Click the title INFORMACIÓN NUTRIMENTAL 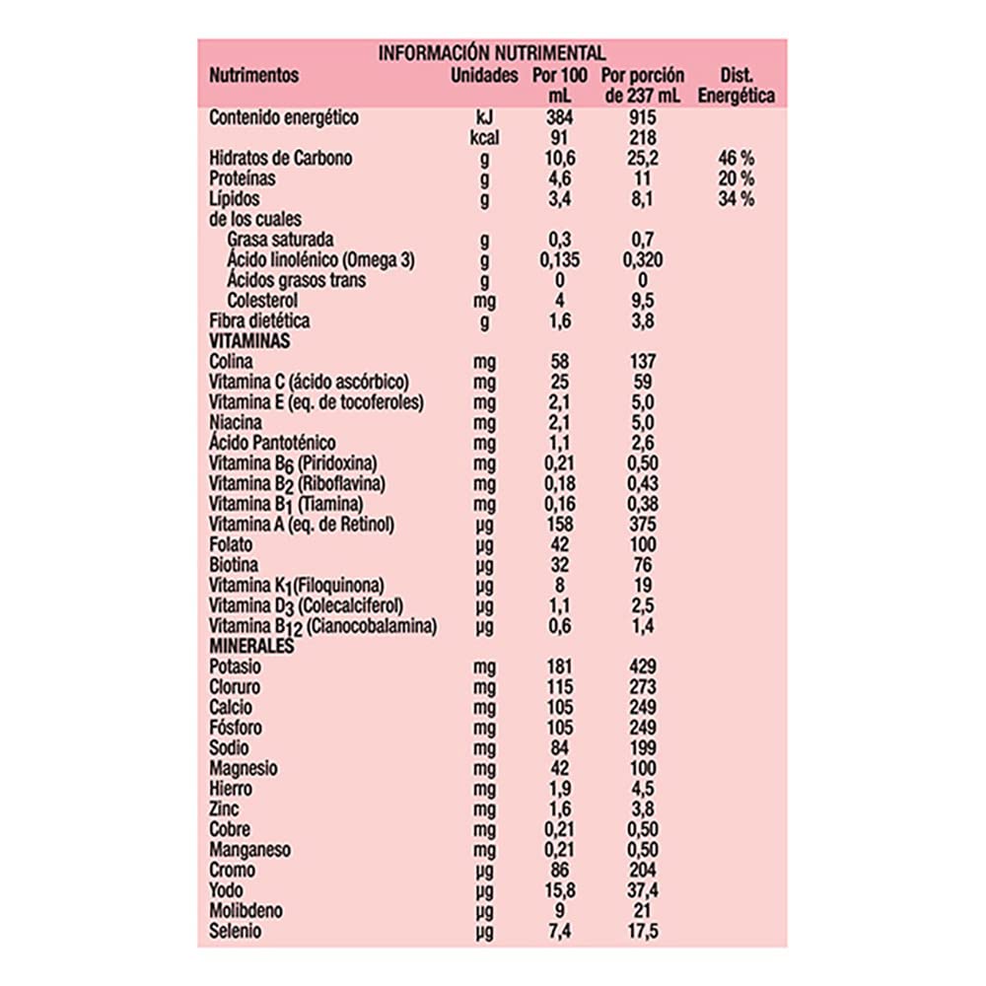(492, 53)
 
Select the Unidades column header (483, 75)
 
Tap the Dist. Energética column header (736, 86)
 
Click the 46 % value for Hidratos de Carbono (736, 159)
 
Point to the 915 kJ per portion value (642, 118)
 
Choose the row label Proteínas (243, 179)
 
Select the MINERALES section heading (253, 646)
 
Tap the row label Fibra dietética (260, 320)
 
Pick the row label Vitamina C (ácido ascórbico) (310, 382)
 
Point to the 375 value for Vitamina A (642, 524)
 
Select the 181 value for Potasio (559, 667)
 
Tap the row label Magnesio (244, 768)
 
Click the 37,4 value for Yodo (642, 890)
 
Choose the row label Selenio (236, 931)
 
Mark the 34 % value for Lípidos (736, 199)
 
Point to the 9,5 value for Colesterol (642, 301)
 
